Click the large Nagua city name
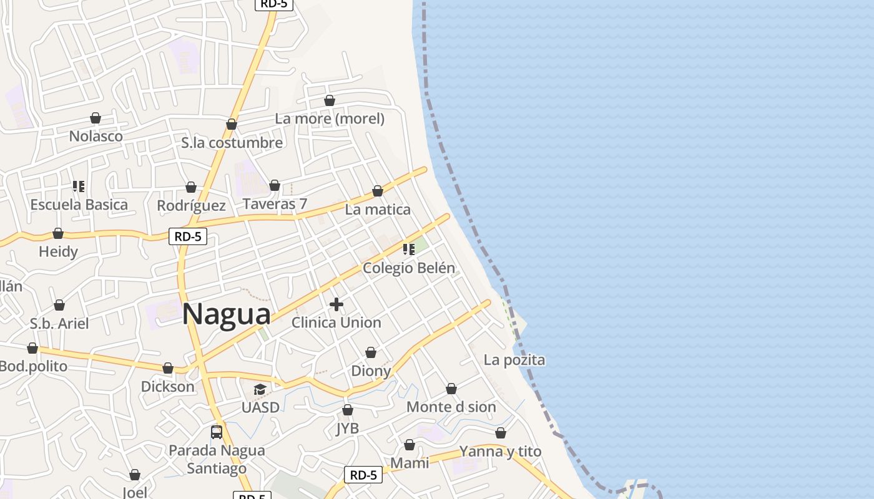227,314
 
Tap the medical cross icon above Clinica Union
336,304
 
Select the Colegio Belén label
409,268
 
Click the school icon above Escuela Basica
79,187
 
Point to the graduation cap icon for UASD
260,390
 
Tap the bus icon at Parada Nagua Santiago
217,432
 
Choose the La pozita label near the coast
514,360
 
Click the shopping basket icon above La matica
378,191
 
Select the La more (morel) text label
330,119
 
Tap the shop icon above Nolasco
96,118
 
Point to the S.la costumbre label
232,143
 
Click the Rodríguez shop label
191,205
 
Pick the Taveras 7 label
275,204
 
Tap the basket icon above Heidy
58,234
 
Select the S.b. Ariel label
59,324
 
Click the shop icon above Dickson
168,369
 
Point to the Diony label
371,371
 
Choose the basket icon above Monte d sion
451,389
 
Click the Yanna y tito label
500,451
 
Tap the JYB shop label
348,429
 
